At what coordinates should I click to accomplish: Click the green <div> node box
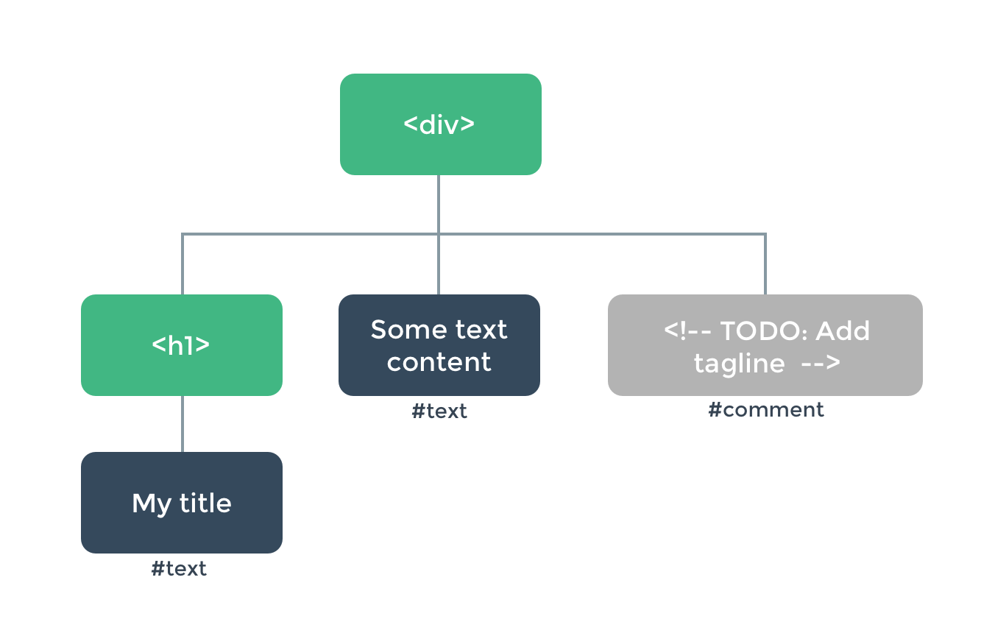(x=440, y=124)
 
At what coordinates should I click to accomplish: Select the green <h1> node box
(x=181, y=344)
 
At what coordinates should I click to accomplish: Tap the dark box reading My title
(x=181, y=503)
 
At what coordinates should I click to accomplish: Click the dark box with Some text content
(x=439, y=344)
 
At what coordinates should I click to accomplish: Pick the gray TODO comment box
(x=765, y=344)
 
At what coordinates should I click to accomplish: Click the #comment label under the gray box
(x=765, y=410)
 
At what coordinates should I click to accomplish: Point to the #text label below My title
(x=179, y=569)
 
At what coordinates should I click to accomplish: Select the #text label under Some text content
(x=439, y=411)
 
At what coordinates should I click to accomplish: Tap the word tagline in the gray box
(x=739, y=364)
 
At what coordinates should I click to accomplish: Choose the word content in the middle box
(x=439, y=362)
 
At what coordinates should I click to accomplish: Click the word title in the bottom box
(x=205, y=503)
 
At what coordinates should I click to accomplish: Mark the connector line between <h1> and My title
(x=183, y=424)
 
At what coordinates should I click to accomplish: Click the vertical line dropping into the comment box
(x=765, y=265)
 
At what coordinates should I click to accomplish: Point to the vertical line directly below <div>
(x=439, y=204)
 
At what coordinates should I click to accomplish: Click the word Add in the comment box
(x=842, y=331)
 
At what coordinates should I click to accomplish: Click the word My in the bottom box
(x=152, y=504)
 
